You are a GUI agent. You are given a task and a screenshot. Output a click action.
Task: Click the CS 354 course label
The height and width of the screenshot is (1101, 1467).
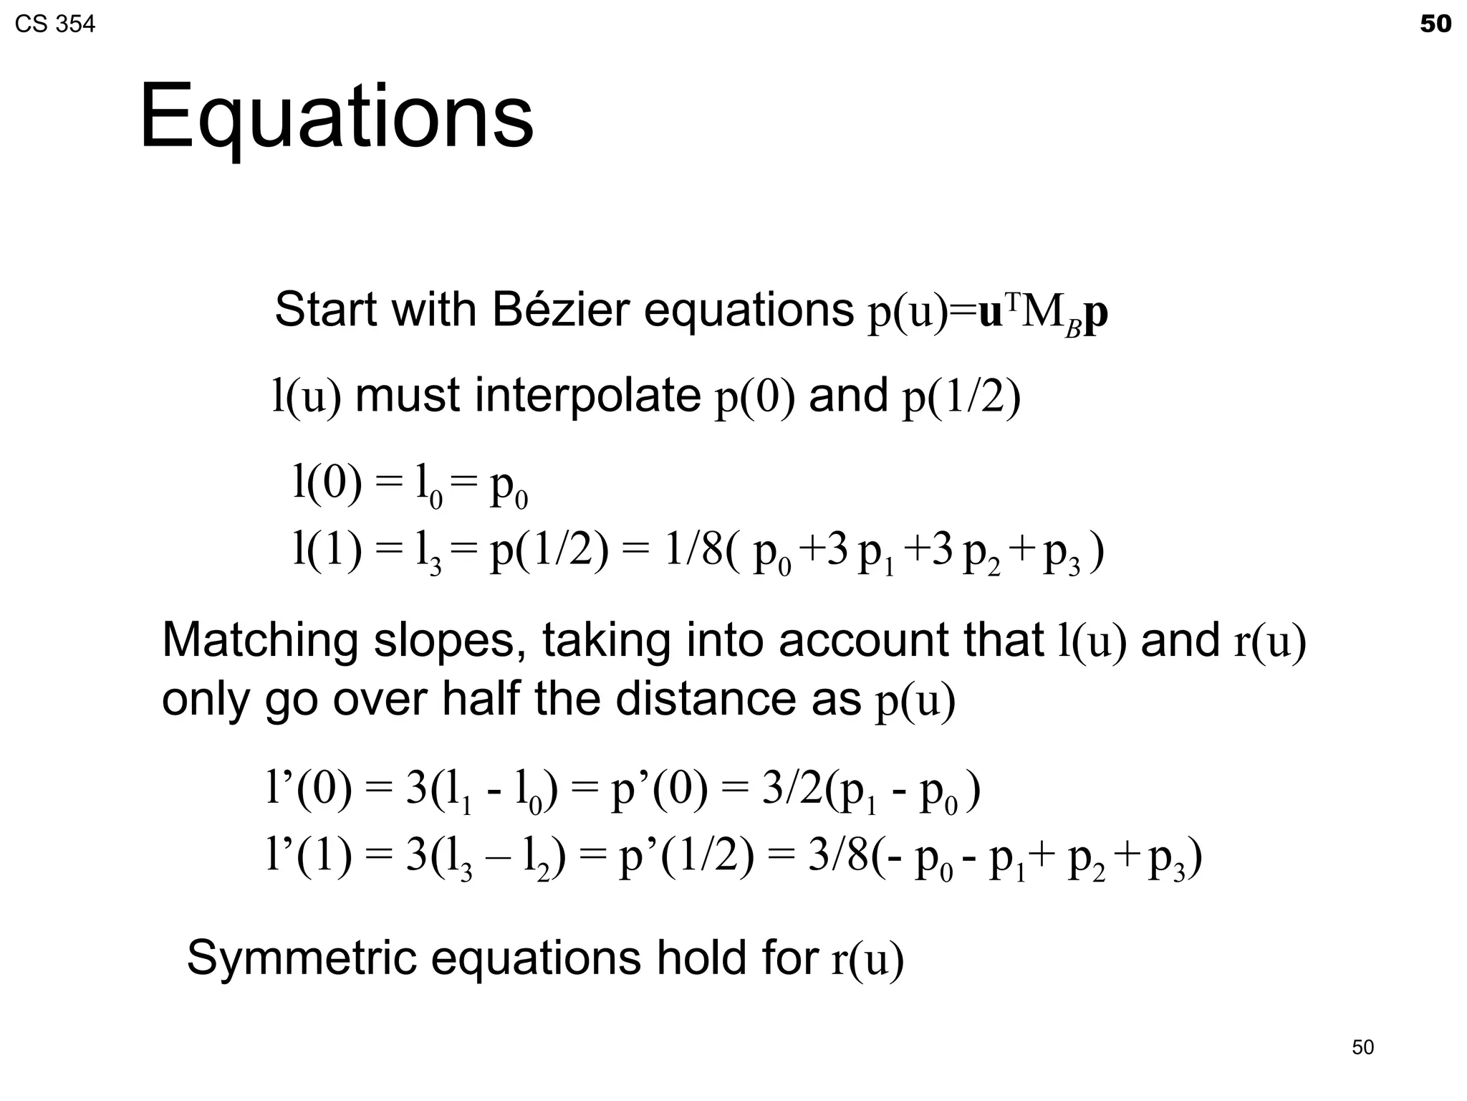tap(55, 25)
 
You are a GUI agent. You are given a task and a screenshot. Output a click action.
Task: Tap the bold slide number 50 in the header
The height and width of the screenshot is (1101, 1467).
tap(1435, 24)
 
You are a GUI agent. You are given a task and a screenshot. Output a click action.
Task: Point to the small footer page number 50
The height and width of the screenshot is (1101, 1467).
tap(1362, 1047)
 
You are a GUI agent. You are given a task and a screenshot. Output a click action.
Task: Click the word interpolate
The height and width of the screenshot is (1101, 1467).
tap(587, 396)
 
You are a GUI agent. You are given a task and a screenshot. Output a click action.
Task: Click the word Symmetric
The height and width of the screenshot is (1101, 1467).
tap(301, 958)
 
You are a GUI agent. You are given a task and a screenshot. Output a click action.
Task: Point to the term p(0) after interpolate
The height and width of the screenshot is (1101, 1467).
tap(755, 397)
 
